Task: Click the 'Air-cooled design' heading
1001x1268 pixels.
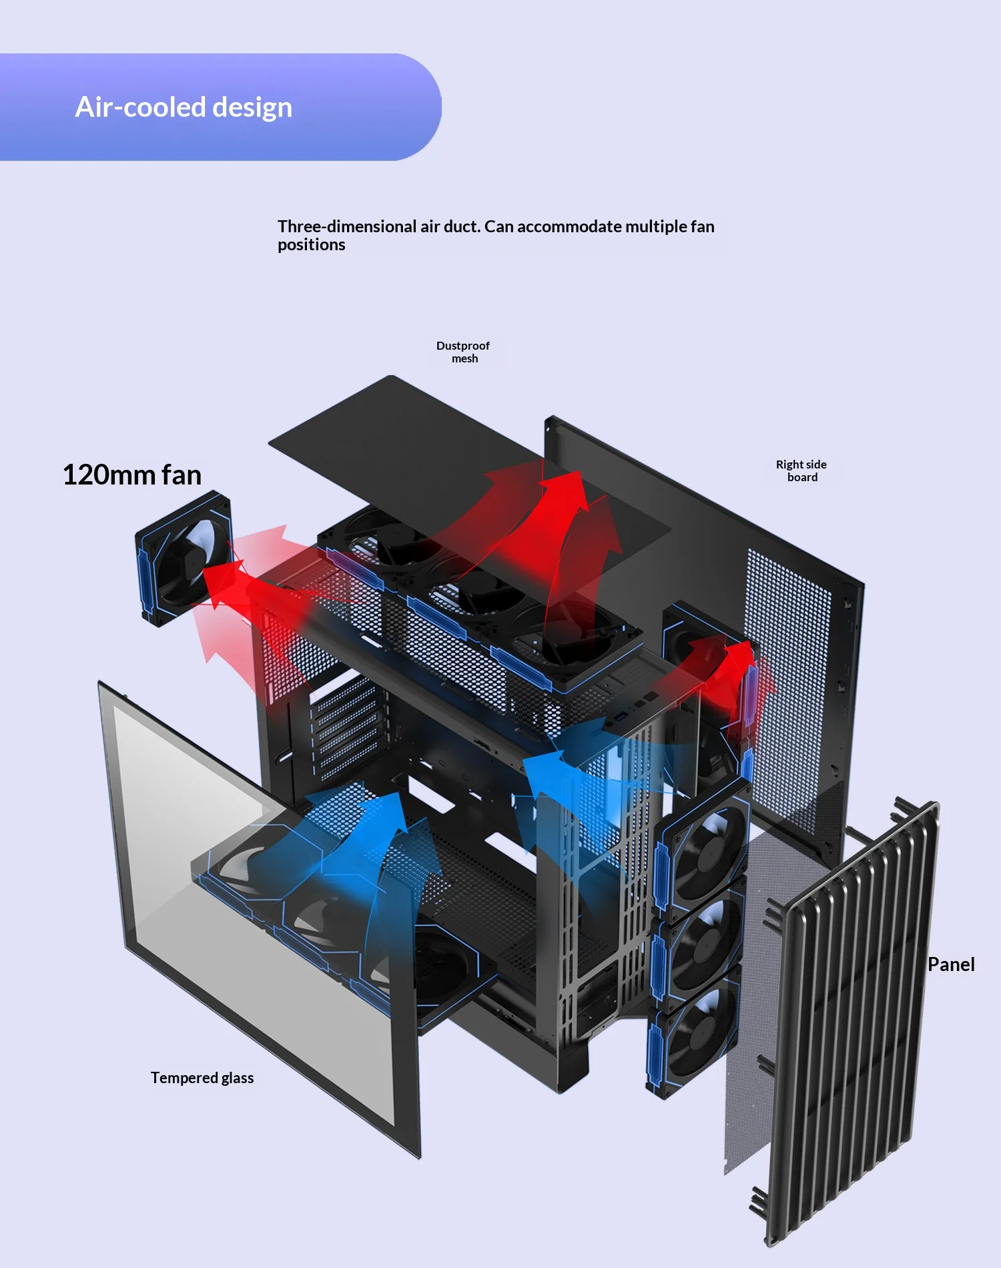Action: coord(184,107)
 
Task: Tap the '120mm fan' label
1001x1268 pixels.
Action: coord(131,475)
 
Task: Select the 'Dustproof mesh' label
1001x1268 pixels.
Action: coord(463,352)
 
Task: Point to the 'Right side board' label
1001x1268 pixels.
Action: coord(801,470)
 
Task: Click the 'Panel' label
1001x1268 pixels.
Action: coord(951,964)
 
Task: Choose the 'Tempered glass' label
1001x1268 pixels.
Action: coord(202,1078)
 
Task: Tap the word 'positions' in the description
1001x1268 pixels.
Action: coord(312,245)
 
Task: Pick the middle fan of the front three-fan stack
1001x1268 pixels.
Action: coord(699,941)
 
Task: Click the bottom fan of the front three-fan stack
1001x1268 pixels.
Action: coord(694,1031)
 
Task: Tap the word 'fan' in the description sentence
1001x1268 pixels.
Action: coord(702,227)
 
